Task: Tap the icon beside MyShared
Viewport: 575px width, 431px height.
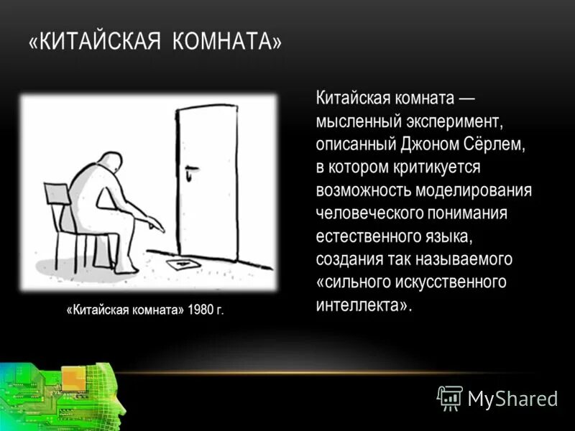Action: [450, 397]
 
